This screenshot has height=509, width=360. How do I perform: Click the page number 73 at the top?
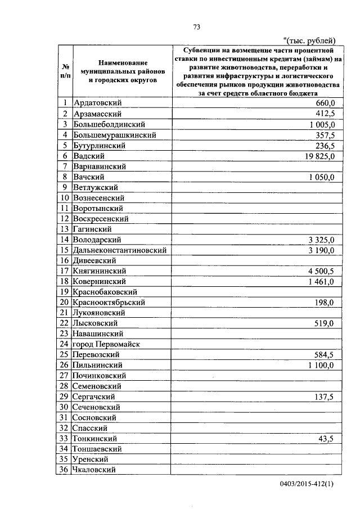click(x=197, y=27)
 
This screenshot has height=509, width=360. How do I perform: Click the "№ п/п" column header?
click(x=65, y=71)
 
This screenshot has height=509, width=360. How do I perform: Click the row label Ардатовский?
click(x=98, y=103)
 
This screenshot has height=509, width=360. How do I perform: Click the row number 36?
click(x=65, y=470)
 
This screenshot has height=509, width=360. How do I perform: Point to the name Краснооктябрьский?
click(x=110, y=303)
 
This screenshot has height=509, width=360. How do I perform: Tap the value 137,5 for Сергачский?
click(x=325, y=397)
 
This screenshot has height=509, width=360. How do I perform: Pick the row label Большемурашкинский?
click(x=115, y=135)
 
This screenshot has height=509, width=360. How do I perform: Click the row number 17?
click(x=65, y=271)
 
